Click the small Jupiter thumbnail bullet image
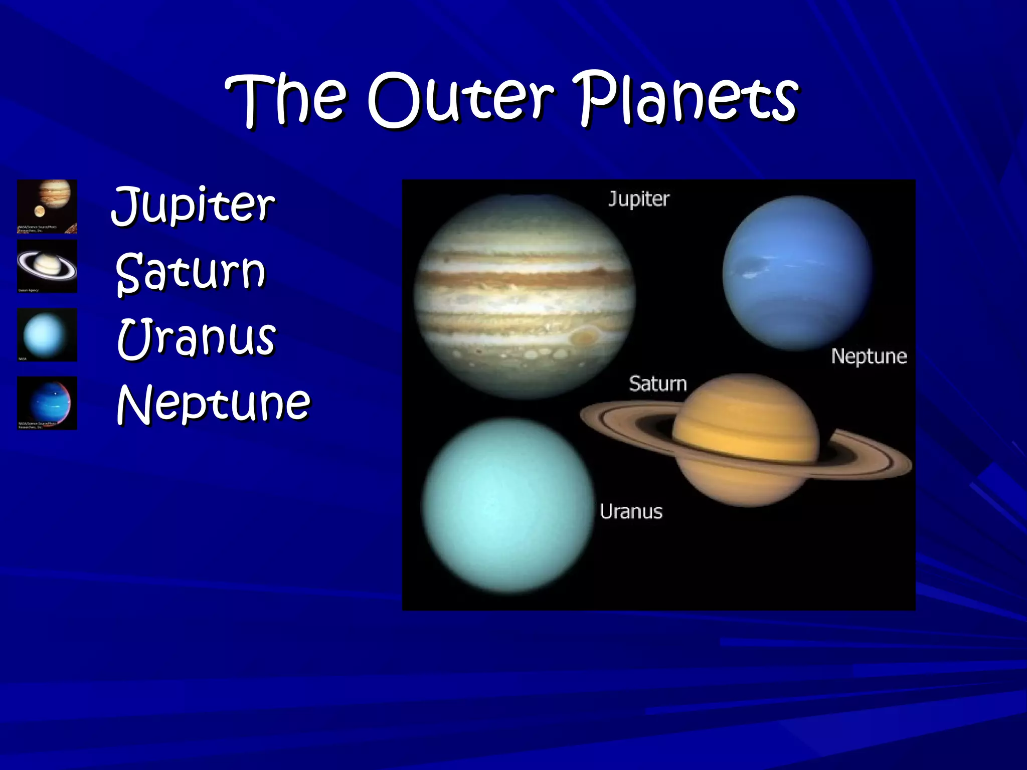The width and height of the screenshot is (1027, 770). tap(47, 206)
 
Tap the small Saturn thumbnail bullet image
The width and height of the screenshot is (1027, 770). tap(47, 266)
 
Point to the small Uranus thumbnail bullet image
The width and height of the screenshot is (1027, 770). tap(47, 334)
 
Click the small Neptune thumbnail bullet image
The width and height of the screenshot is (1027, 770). tap(47, 403)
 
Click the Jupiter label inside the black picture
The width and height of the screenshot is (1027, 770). tap(638, 199)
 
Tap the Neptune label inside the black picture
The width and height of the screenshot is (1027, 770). tap(869, 356)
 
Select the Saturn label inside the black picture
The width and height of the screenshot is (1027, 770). tap(657, 384)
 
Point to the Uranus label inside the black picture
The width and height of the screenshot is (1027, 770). tap(631, 512)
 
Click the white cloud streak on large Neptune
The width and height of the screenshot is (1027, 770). tap(752, 273)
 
